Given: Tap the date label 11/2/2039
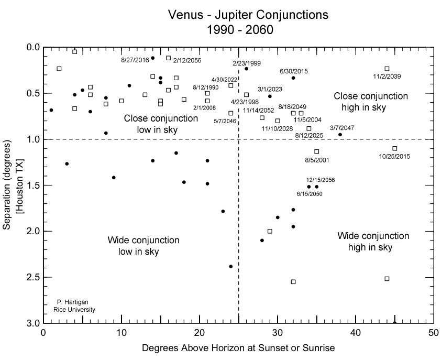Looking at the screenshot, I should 387,77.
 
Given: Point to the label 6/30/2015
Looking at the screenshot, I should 293,71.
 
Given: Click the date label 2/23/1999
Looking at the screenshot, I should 247,63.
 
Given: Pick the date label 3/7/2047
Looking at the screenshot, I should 342,128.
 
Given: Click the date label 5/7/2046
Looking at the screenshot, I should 225,121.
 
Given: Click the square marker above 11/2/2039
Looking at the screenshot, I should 387,69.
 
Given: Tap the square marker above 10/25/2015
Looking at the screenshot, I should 395,148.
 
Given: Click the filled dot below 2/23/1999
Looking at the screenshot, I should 246,69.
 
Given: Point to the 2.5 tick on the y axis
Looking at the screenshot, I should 32,277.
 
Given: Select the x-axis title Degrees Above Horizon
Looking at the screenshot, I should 238,347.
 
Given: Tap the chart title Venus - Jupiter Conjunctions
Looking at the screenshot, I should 248,15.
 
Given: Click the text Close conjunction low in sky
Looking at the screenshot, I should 161,124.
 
